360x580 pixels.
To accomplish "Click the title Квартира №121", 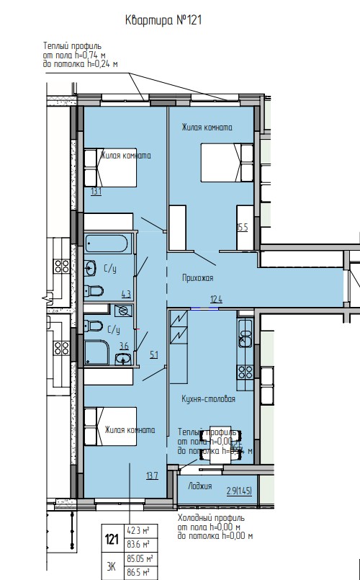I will point(163,21).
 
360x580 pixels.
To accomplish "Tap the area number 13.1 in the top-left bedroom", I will point(96,192).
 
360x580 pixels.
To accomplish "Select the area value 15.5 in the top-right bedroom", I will point(243,227).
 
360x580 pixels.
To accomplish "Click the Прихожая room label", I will point(198,277).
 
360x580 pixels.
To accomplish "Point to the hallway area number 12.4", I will point(215,298).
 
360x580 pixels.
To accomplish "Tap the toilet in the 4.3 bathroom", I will point(94,292).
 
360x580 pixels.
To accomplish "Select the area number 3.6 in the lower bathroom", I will point(123,347).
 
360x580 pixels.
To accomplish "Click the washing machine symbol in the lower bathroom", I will point(122,311).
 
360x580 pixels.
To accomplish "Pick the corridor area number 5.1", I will point(153,354).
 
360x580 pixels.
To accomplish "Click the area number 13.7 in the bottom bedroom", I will point(151,475).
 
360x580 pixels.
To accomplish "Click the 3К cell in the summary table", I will point(112,566).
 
